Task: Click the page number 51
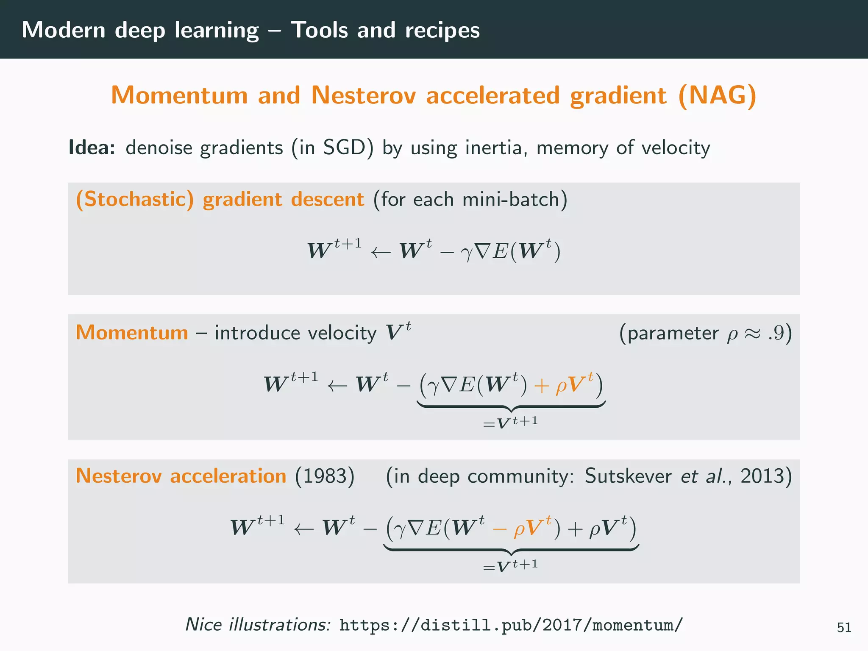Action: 844,627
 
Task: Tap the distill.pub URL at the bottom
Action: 511,625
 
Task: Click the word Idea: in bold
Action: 92,147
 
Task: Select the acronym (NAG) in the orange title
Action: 717,95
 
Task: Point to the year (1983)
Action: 325,476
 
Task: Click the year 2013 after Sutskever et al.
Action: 762,476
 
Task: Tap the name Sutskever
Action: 628,476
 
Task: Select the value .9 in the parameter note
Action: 775,333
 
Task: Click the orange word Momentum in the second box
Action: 132,333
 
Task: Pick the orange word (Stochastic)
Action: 134,199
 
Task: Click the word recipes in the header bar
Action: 442,31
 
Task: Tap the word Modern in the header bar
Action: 64,31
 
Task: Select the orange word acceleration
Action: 228,476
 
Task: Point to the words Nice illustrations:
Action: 258,625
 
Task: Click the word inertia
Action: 495,147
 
